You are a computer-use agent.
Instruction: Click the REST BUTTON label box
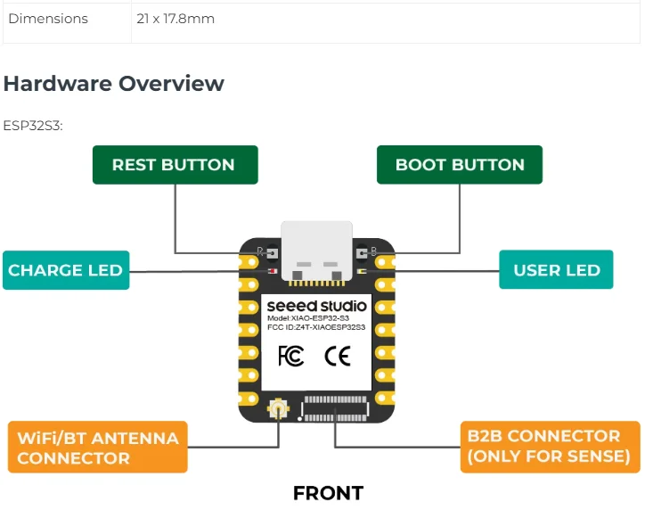[176, 165]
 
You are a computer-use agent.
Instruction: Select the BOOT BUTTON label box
[460, 165]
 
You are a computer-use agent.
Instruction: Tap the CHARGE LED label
[66, 270]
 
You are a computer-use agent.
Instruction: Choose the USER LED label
[556, 270]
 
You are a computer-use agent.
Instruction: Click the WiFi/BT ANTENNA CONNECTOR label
[98, 448]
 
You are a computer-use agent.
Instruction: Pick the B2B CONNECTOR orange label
[550, 447]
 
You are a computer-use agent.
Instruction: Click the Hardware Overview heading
[113, 83]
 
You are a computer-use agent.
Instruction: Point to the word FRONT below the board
[328, 493]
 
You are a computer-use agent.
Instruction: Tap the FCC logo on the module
[290, 356]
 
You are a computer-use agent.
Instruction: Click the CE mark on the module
[338, 356]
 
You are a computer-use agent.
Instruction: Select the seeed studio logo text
[316, 306]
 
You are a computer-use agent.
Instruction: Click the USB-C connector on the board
[317, 251]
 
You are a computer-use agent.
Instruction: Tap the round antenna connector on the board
[279, 409]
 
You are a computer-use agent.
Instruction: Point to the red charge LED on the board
[273, 271]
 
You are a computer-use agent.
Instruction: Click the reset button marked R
[272, 252]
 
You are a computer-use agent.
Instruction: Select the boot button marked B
[361, 252]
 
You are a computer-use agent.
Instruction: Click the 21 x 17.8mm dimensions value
[176, 19]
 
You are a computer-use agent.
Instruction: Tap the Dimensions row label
[48, 19]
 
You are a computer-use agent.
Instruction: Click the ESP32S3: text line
[33, 126]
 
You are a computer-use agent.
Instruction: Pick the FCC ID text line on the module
[316, 327]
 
